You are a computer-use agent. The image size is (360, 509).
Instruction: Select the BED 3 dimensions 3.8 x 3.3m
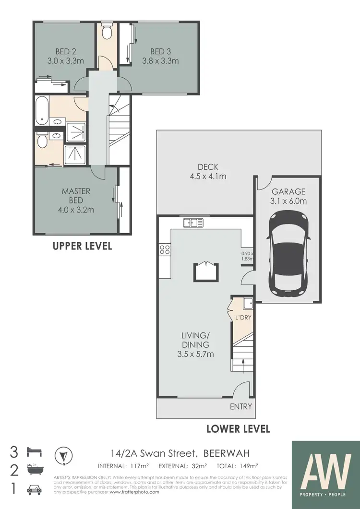coord(160,61)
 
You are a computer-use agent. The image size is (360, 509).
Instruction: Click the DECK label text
coord(208,167)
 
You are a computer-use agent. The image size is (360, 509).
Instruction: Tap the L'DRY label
coord(242,317)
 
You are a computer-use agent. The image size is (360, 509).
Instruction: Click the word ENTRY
coord(241,406)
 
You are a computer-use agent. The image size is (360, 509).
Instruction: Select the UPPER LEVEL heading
coord(82,246)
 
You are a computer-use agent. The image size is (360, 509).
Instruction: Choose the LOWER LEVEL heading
coord(238,428)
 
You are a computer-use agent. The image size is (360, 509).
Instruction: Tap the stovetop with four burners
coord(164,249)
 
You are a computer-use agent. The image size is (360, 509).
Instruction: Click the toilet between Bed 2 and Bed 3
coord(107,32)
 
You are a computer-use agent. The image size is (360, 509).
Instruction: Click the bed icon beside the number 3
coord(36,451)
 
